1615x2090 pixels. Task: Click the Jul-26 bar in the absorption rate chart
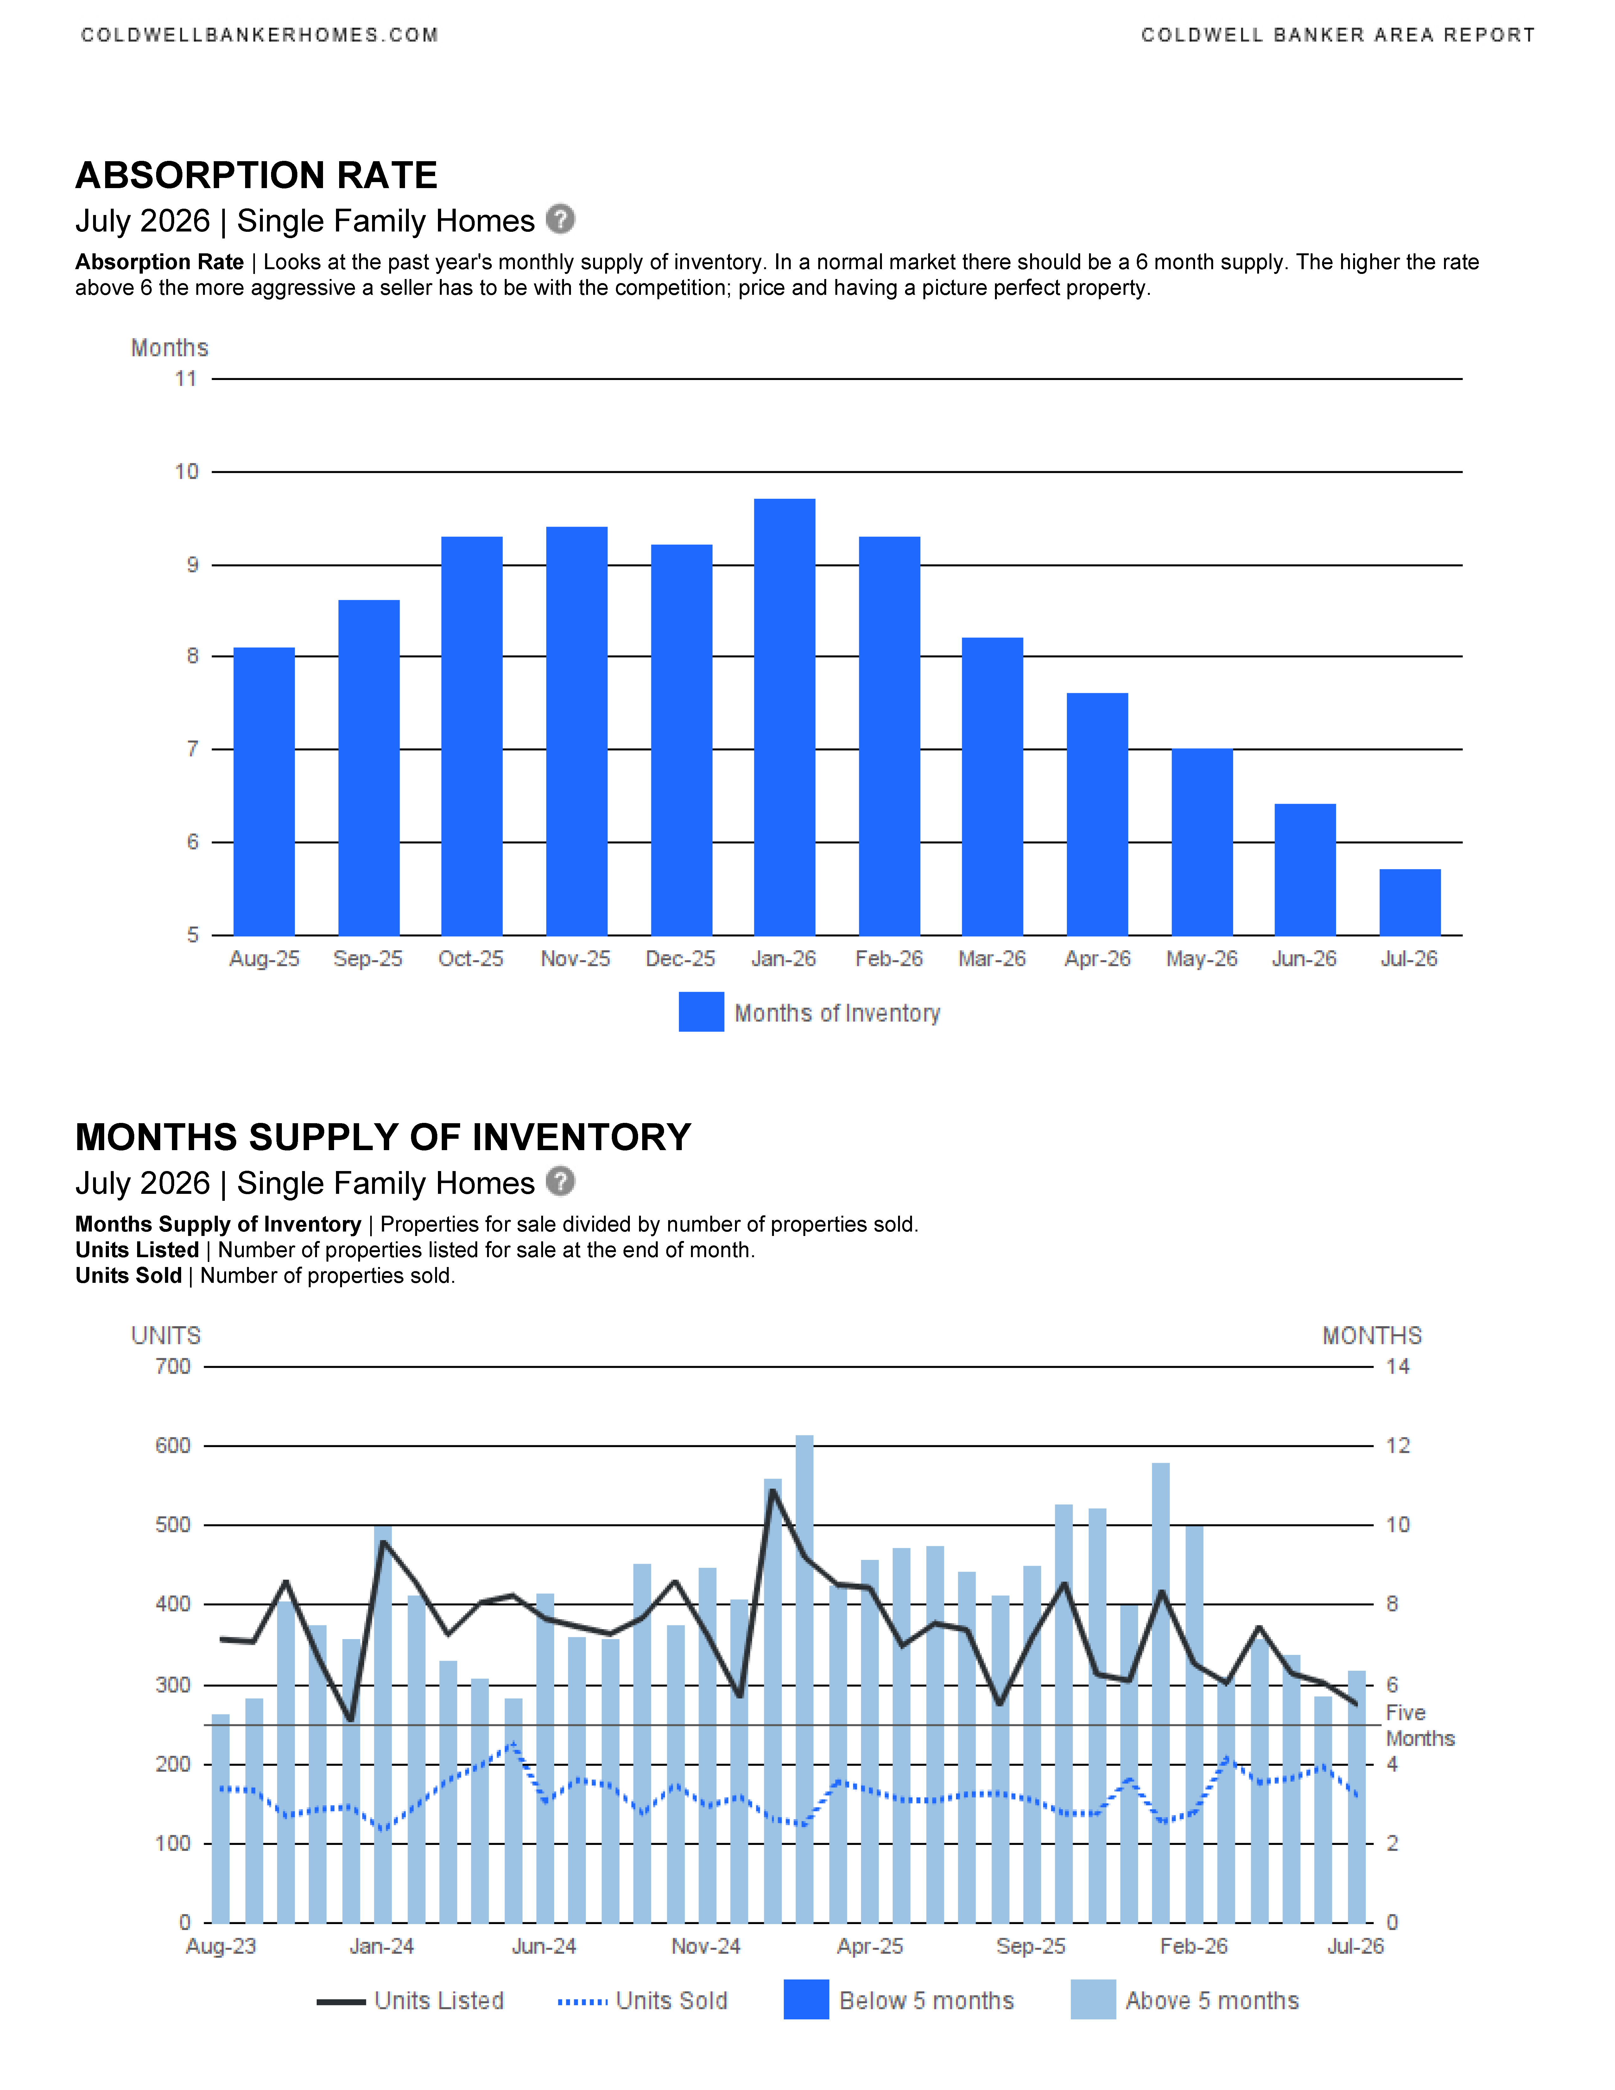point(1409,902)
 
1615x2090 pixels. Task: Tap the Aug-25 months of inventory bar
point(264,791)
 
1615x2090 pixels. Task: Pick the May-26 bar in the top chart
point(1202,842)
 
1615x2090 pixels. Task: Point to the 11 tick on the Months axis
point(186,379)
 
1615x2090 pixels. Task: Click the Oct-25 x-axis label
point(471,959)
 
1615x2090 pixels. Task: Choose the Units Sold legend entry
point(643,2001)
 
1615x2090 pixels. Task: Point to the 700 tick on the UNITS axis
point(173,1366)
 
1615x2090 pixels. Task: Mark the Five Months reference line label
point(1420,1726)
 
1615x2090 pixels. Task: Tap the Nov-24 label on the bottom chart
point(706,1947)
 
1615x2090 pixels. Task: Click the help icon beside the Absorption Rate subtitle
point(560,219)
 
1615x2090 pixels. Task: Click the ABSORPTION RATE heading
point(256,175)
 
